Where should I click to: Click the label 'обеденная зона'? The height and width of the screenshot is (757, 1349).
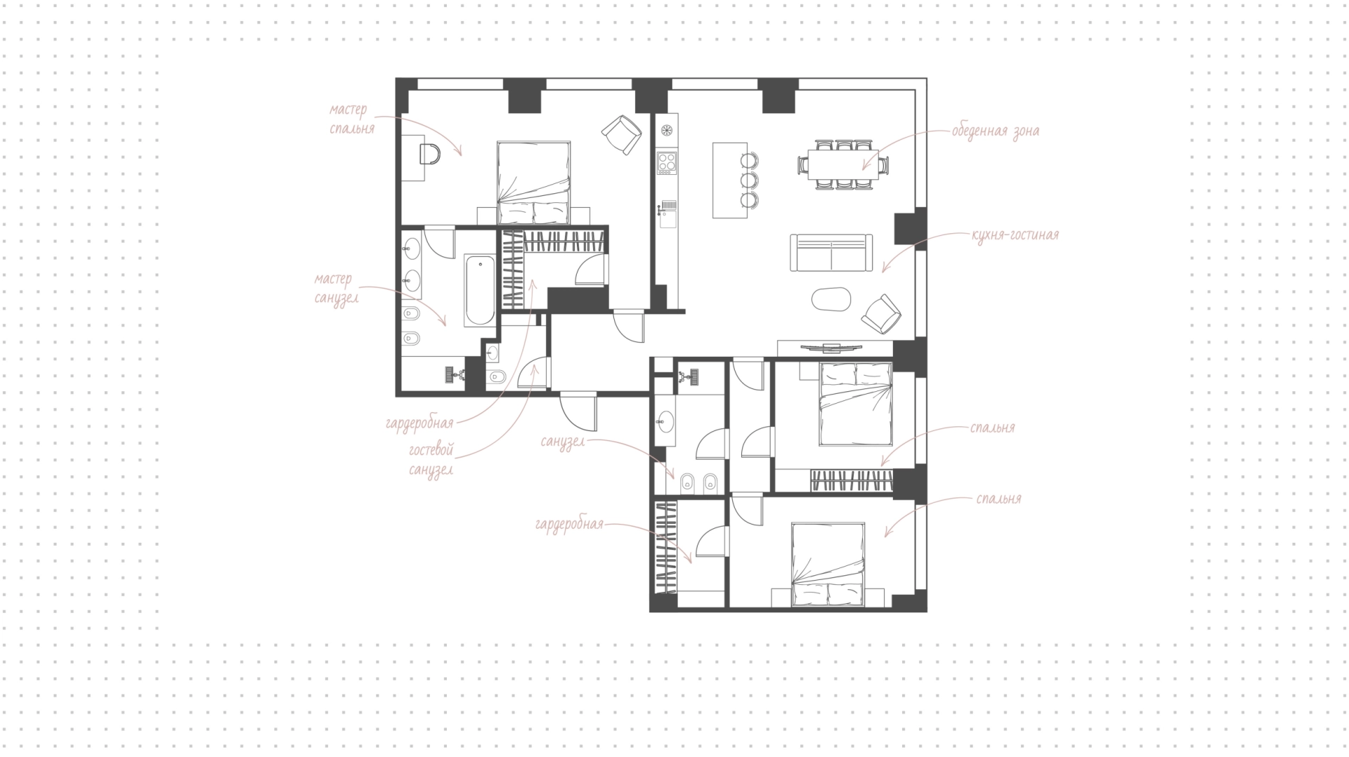coord(996,131)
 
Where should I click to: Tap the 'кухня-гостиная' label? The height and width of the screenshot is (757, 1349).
coord(1015,235)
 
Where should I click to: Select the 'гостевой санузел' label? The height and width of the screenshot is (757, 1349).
coord(431,460)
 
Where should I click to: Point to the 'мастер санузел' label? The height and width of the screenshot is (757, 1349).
coord(337,289)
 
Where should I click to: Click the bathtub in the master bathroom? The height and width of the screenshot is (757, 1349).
coord(480,290)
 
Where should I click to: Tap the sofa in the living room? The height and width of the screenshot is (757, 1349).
coord(831,252)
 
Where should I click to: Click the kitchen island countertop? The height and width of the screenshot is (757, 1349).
coord(730,180)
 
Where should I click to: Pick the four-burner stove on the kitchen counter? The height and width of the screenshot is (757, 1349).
coord(666,164)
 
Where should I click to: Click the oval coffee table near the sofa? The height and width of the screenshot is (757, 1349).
coord(831,299)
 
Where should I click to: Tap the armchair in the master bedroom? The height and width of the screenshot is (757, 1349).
coord(622,134)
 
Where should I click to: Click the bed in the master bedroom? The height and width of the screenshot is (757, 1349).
coord(533,182)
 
